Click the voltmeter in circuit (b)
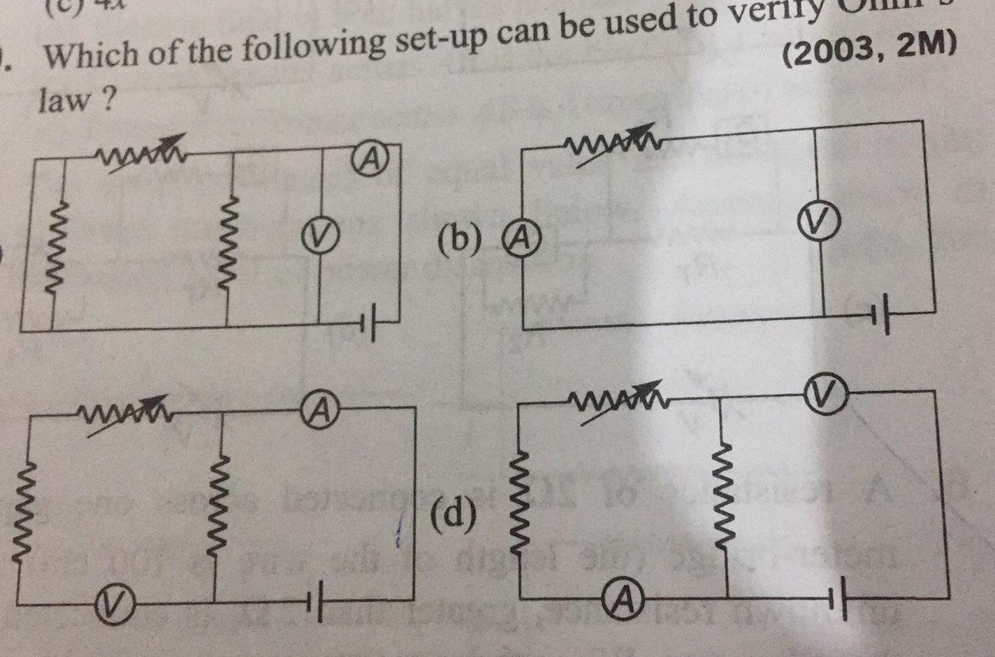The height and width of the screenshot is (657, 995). (821, 222)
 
